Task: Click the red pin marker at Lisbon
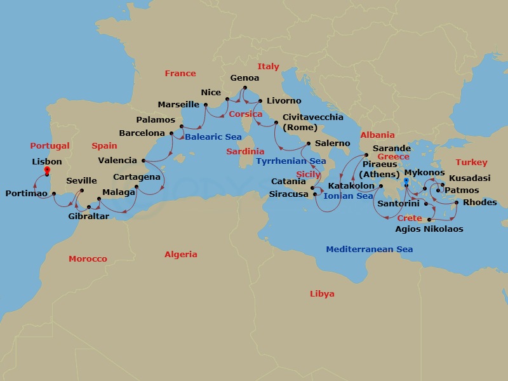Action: point(47,170)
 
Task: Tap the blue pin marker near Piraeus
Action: point(406,182)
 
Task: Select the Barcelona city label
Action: point(142,133)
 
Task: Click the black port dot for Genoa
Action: point(245,88)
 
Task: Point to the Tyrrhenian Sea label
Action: point(291,161)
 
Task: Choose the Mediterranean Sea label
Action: point(369,250)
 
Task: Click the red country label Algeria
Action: point(181,255)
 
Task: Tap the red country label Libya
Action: point(322,294)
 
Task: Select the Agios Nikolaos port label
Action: point(429,229)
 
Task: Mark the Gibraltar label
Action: point(88,217)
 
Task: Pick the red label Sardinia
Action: point(245,152)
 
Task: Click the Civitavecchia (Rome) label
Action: point(312,122)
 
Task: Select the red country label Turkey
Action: point(471,163)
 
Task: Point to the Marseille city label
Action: point(178,105)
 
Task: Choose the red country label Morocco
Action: point(88,259)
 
